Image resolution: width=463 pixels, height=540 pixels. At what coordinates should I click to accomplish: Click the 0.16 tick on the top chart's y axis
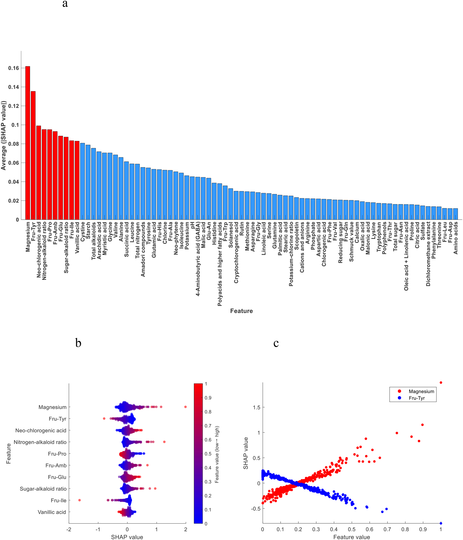[x=14, y=68]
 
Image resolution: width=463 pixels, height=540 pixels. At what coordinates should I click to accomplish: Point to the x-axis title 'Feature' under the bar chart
[x=241, y=311]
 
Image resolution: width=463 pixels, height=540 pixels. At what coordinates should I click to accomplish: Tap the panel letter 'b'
[x=78, y=343]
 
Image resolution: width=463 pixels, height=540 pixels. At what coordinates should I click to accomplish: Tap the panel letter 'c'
[x=276, y=343]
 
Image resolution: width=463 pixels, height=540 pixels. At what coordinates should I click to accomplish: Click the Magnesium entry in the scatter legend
[x=421, y=391]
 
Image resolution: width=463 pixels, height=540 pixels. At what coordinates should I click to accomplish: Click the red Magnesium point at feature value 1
[x=441, y=383]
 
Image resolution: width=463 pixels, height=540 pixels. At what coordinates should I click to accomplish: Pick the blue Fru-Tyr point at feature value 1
[x=441, y=524]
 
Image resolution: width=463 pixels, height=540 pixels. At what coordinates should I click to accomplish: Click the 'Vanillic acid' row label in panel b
[x=52, y=512]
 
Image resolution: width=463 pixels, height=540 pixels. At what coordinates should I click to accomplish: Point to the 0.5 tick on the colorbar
[x=208, y=454]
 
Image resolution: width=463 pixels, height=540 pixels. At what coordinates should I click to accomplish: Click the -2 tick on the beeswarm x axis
[x=69, y=530]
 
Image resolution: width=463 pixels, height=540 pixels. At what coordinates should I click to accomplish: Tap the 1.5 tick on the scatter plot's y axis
[x=256, y=408]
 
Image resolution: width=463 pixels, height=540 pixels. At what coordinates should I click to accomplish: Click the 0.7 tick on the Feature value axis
[x=387, y=530]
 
